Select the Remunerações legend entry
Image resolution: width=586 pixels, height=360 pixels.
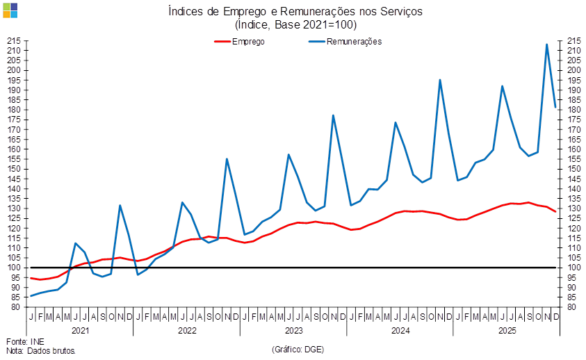pyautogui.click(x=345, y=41)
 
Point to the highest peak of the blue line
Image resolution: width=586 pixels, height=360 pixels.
pyautogui.click(x=547, y=44)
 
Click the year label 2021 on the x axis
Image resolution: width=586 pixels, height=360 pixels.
pyautogui.click(x=81, y=331)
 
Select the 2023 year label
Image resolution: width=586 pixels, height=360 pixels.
pyautogui.click(x=293, y=331)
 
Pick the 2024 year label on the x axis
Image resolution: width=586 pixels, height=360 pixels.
pyautogui.click(x=400, y=331)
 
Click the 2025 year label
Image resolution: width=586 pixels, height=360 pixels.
pyautogui.click(x=506, y=331)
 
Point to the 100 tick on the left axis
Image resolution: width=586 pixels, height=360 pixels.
pyautogui.click(x=15, y=268)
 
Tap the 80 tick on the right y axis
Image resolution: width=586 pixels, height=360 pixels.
pyautogui.click(x=571, y=306)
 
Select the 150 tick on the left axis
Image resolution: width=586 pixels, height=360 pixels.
pyautogui.click(x=15, y=169)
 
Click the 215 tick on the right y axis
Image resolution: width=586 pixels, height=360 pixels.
pyautogui.click(x=573, y=41)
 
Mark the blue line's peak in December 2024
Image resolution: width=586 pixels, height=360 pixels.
pyautogui.click(x=440, y=80)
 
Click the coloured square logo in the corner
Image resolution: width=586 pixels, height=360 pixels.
pyautogui.click(x=10, y=10)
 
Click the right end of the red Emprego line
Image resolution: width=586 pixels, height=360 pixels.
pyautogui.click(x=556, y=211)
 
